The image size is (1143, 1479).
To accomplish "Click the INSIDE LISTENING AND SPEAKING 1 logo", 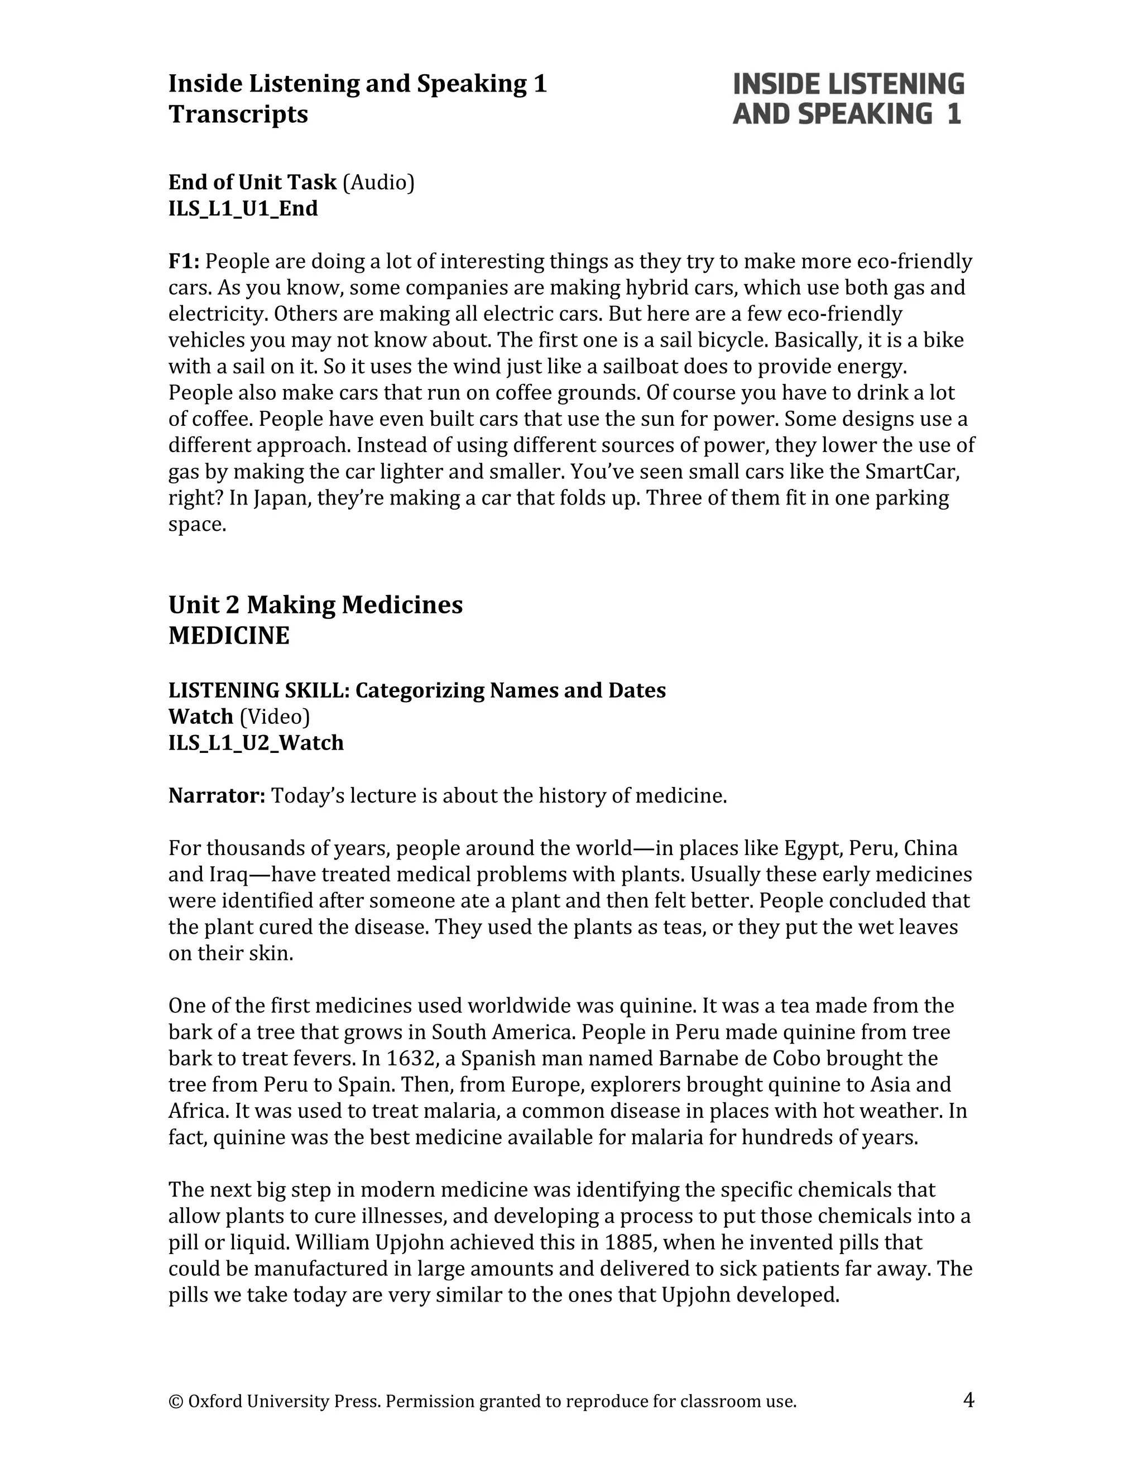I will [848, 99].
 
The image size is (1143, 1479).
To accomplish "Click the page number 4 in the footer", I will [968, 1399].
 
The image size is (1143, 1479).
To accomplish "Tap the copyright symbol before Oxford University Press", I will [175, 1401].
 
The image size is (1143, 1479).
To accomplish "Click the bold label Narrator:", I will [217, 796].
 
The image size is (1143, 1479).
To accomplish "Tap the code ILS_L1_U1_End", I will [243, 209].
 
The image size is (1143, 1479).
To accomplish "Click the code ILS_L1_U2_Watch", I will [256, 743].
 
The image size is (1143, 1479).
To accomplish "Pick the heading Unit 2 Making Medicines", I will [315, 605].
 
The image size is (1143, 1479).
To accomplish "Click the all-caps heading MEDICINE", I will [229, 636].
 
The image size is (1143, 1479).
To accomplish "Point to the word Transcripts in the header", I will [238, 114].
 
